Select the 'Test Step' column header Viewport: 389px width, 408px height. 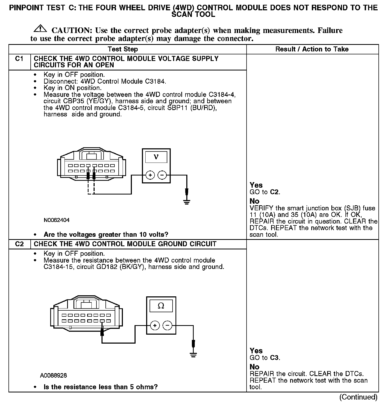(x=123, y=49)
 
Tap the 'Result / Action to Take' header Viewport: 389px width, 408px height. (x=312, y=49)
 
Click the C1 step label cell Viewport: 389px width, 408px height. (x=19, y=59)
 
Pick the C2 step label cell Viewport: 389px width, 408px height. (x=19, y=244)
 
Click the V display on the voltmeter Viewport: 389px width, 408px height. (x=156, y=157)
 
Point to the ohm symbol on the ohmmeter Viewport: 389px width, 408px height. (x=161, y=306)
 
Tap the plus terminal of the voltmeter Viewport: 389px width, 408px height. (x=150, y=175)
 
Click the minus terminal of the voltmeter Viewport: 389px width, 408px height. (x=162, y=175)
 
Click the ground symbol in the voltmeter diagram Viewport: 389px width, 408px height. (x=187, y=202)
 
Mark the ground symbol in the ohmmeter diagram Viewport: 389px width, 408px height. (x=194, y=355)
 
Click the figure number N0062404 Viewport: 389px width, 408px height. (x=57, y=220)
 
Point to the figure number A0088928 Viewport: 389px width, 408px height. (x=53, y=375)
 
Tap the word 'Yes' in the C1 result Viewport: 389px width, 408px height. (x=256, y=185)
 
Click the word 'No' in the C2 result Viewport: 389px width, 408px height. (x=254, y=367)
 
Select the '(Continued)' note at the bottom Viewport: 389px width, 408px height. (x=358, y=397)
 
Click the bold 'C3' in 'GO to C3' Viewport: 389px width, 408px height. (x=275, y=358)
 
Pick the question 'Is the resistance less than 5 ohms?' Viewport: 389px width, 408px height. (x=100, y=387)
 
